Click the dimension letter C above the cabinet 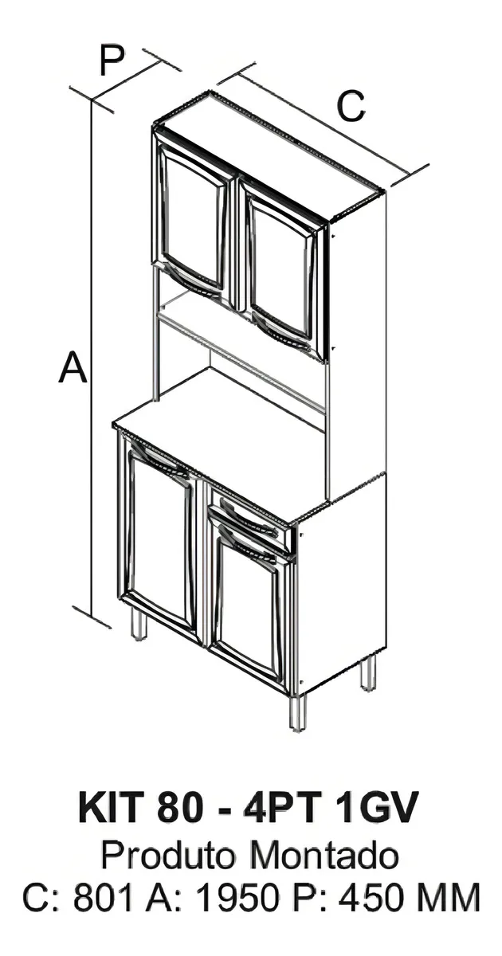coord(351,106)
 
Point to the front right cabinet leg coord(298,711)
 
